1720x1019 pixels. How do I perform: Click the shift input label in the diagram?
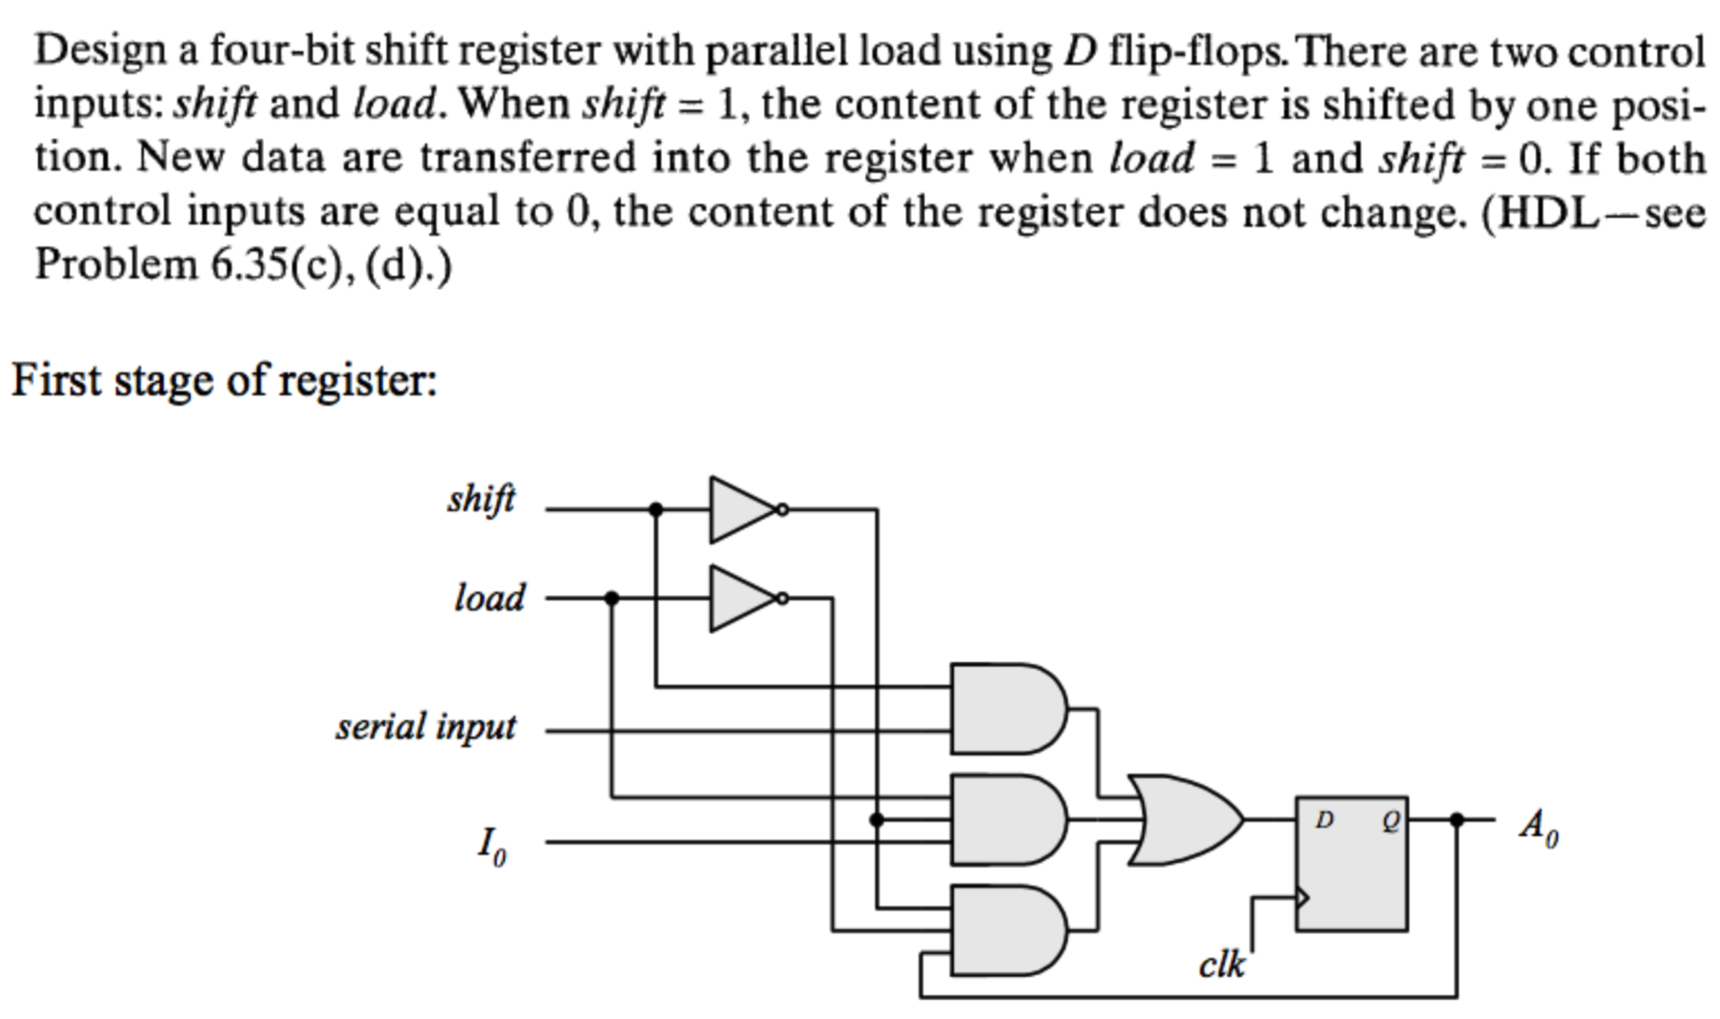point(481,500)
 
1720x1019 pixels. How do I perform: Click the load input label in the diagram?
point(489,598)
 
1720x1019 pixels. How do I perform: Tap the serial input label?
point(426,727)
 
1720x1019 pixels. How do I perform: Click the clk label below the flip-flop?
point(1221,965)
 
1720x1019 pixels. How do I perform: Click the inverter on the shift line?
point(743,509)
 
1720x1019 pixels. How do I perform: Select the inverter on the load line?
point(743,599)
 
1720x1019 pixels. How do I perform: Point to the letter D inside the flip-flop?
point(1324,819)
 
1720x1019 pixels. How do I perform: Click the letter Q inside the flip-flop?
point(1390,821)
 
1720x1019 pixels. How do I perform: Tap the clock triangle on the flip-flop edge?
point(1302,897)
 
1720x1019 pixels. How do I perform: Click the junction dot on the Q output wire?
point(1457,819)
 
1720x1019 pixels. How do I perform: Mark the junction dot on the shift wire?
point(656,509)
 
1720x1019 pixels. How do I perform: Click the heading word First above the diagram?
point(55,380)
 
